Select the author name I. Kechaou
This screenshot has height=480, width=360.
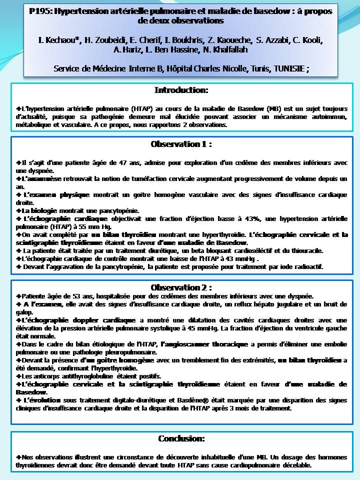click(x=59, y=39)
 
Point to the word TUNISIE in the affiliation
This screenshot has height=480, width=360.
click(x=288, y=68)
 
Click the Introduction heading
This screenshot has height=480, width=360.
click(x=181, y=90)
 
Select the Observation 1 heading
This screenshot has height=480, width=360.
click(x=181, y=144)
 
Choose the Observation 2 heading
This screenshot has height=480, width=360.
click(x=181, y=287)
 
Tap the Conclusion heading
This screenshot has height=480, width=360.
click(x=181, y=438)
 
